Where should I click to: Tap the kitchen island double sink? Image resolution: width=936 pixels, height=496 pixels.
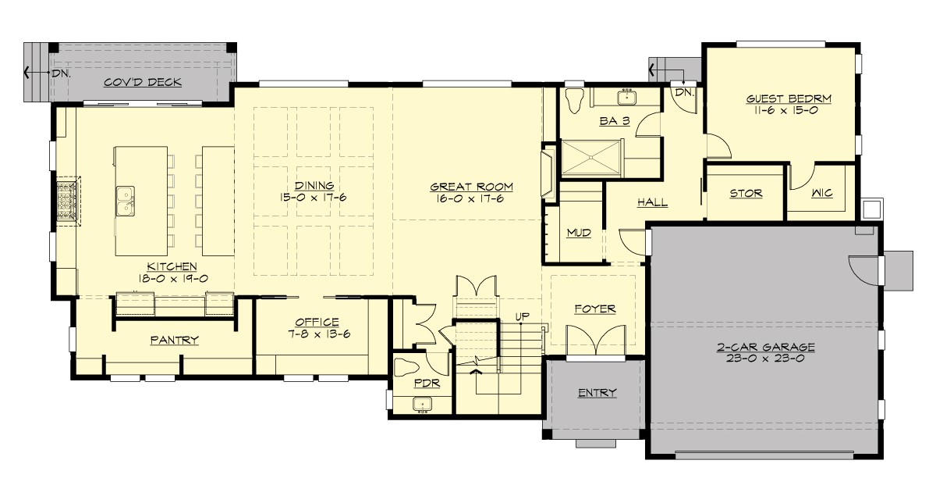[125, 198]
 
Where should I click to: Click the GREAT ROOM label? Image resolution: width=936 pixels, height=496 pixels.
[472, 187]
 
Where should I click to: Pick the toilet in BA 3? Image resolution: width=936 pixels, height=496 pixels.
[576, 99]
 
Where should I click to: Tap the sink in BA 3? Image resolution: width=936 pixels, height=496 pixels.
[626, 98]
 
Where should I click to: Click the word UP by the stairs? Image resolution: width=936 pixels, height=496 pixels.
[522, 316]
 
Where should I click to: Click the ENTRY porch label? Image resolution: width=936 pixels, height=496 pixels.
[597, 392]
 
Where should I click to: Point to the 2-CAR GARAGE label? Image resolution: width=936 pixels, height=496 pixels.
[766, 347]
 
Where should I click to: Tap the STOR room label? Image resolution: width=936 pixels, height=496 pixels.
[745, 193]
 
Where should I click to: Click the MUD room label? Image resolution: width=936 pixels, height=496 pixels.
[578, 232]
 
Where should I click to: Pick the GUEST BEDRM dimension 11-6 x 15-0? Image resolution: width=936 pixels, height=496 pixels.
[789, 112]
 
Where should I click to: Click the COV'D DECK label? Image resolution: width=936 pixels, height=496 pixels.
[143, 81]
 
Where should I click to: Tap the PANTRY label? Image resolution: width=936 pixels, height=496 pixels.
[174, 340]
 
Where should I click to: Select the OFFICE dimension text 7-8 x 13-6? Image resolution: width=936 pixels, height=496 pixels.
[317, 334]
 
